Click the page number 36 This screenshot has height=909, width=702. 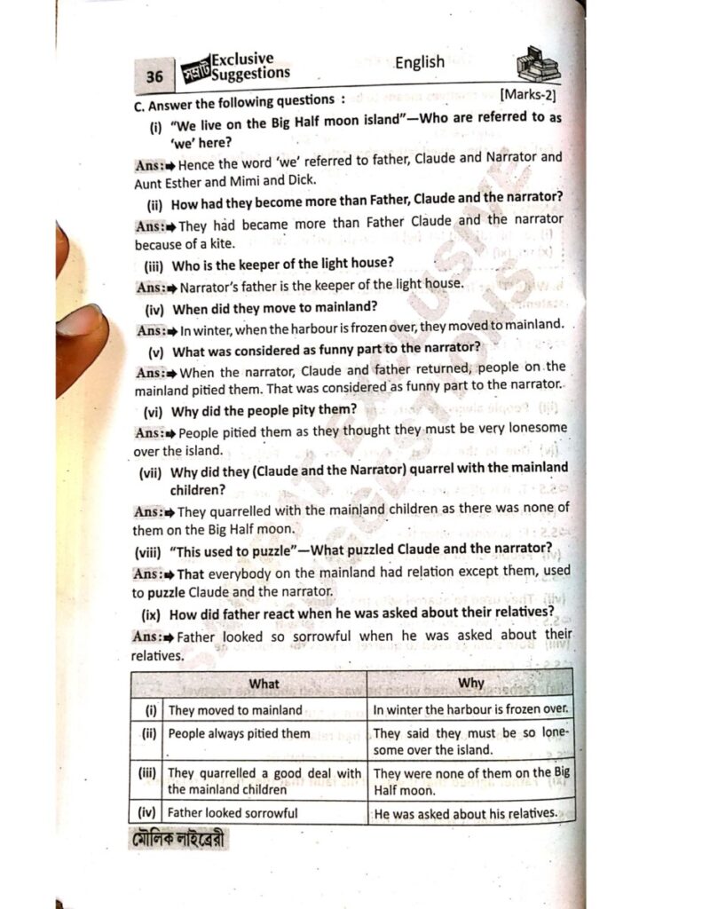(x=154, y=77)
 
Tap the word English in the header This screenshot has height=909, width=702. (x=419, y=61)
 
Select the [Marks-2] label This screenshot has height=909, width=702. (x=528, y=93)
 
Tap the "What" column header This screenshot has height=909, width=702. (x=264, y=684)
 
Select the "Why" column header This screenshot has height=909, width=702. (x=470, y=684)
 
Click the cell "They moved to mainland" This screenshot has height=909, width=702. (x=235, y=710)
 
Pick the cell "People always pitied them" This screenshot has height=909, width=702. (x=240, y=733)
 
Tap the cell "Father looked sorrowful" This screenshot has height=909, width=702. (x=233, y=812)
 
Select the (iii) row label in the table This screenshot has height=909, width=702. (x=148, y=773)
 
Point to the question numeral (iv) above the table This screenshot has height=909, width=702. (x=157, y=308)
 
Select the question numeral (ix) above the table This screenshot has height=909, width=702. (x=153, y=613)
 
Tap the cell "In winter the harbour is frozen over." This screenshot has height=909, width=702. (x=469, y=710)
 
